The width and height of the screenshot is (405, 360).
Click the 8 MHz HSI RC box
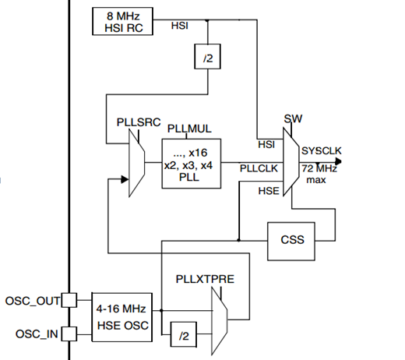122,21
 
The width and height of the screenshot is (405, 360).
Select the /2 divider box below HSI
207,57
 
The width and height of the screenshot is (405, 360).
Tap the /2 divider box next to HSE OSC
184,334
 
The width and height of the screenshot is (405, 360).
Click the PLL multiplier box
192,164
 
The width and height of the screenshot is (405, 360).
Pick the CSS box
291,242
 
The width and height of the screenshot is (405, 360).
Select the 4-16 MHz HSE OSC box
122,317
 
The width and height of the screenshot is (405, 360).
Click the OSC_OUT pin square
69,300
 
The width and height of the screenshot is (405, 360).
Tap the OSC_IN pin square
69,334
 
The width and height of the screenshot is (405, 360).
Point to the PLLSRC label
139,122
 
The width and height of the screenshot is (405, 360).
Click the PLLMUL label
189,129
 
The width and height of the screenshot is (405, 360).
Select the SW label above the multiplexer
293,118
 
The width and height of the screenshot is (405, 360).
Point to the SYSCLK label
322,151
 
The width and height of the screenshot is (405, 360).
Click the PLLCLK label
259,168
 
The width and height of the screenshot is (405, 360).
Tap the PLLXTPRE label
205,279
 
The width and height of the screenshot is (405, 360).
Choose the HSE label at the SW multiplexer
269,191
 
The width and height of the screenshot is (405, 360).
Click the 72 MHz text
319,169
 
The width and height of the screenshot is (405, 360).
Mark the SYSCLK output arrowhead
338,161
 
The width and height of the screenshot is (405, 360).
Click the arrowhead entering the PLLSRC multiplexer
125,179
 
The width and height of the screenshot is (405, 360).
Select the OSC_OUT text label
33,301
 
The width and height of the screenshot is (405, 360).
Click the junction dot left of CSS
238,240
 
